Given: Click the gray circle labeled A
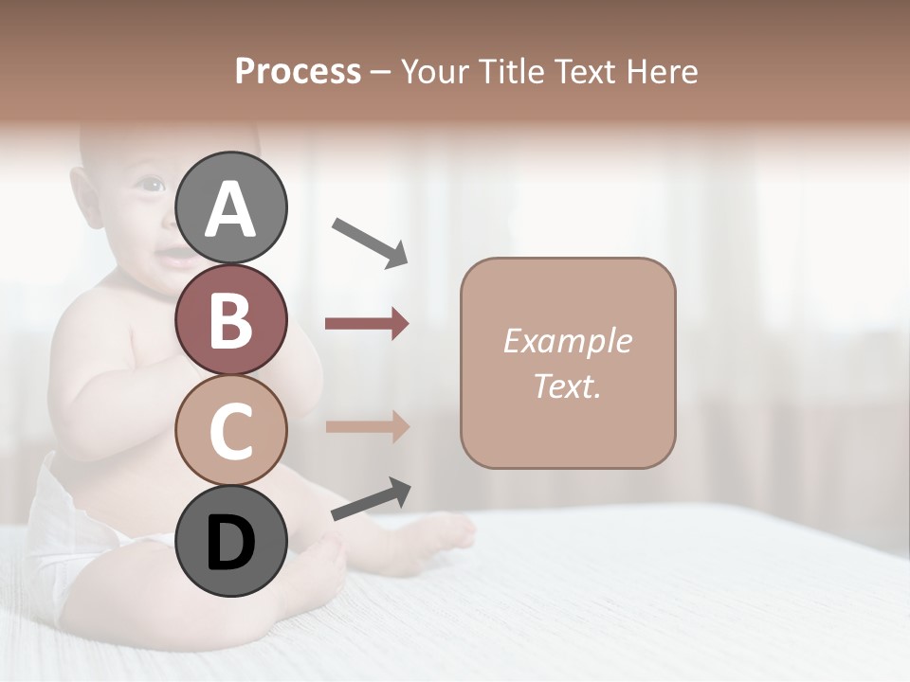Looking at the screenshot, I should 230,208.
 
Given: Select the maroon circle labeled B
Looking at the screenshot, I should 230,320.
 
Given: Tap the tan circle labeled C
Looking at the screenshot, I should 230,431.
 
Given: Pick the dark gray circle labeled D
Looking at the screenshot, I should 230,542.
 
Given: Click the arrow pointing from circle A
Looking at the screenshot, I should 370,242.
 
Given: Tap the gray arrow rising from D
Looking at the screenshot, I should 371,499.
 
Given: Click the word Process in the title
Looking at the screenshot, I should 298,72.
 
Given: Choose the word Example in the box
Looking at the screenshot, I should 567,341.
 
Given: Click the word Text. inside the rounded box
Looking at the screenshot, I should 567,386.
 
